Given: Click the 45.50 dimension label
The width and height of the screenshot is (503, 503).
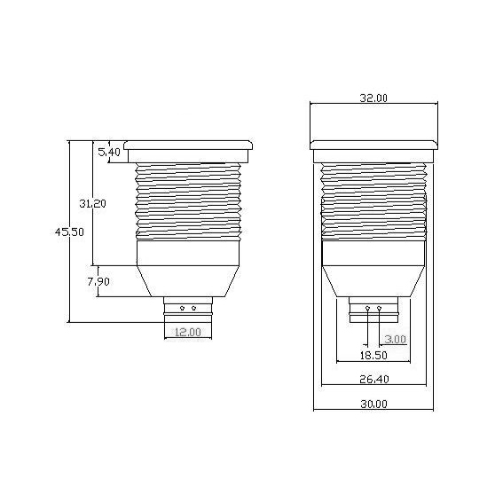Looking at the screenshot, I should [69, 232].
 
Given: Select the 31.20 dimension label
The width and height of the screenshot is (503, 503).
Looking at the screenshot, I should [92, 203].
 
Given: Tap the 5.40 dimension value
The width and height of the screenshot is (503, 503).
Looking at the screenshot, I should [109, 153].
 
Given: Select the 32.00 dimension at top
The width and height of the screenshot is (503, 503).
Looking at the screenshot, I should [374, 98].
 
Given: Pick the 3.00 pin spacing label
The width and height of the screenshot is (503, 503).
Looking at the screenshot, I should [396, 339].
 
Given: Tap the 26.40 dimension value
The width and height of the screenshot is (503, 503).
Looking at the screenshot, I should [374, 379].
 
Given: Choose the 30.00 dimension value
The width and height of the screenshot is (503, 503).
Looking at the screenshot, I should [374, 405].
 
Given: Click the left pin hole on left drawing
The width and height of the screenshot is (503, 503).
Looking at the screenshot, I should [182, 309].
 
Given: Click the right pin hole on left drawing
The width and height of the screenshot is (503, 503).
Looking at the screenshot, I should [194, 309].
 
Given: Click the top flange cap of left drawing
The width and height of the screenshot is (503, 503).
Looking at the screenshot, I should [188, 144].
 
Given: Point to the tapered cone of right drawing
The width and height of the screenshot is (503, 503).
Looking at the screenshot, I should [373, 280].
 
